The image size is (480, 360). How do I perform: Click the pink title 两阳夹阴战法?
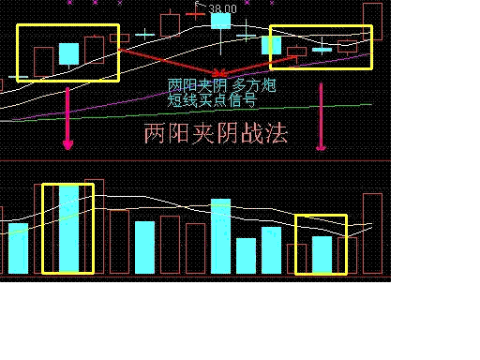(x=216, y=133)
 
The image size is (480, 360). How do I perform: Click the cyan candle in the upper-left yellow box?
(x=68, y=52)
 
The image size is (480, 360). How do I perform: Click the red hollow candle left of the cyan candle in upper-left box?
(x=43, y=60)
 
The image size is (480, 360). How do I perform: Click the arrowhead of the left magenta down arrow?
(x=67, y=144)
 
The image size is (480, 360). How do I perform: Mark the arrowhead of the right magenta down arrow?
(x=322, y=144)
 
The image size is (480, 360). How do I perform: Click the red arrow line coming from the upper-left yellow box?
(x=169, y=61)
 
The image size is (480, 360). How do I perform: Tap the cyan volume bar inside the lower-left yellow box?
(x=68, y=229)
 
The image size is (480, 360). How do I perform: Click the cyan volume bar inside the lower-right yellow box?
(x=322, y=254)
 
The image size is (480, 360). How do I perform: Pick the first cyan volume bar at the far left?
(x=18, y=248)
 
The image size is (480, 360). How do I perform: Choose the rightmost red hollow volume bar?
(x=372, y=234)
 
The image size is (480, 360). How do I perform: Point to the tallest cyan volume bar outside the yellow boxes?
(x=220, y=236)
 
